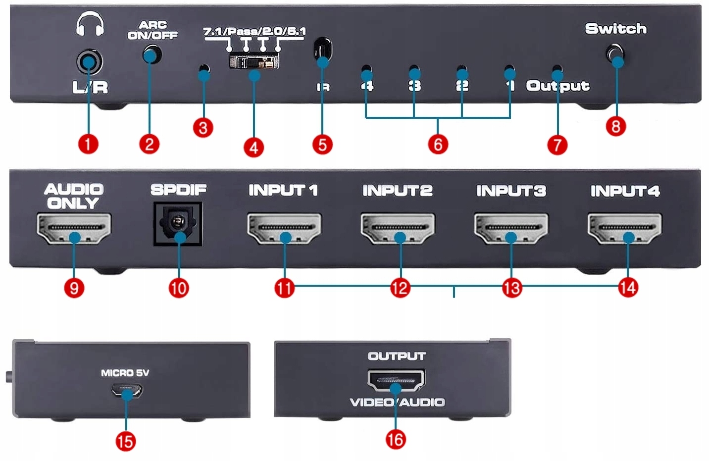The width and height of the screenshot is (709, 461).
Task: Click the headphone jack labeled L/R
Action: (x=90, y=62)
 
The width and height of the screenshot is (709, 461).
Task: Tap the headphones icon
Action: (x=90, y=24)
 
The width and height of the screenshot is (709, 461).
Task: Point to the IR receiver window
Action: (x=323, y=50)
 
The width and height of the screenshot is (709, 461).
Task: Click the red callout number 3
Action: (x=203, y=128)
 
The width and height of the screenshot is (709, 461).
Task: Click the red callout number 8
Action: (x=615, y=126)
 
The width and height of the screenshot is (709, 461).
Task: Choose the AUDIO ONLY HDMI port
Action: (x=74, y=228)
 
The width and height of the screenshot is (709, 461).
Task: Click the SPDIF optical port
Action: (x=178, y=224)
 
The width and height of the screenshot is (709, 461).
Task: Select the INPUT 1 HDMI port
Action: (x=284, y=228)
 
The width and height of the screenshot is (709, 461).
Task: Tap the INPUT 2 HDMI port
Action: (x=398, y=228)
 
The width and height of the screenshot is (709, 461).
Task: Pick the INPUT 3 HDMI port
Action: (x=511, y=228)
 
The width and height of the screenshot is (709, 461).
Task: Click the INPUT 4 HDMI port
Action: (x=625, y=228)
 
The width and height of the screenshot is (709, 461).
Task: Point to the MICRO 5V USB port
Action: (x=127, y=391)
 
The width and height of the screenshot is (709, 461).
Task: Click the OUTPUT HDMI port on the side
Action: (x=396, y=380)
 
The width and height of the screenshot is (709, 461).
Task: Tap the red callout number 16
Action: (x=396, y=439)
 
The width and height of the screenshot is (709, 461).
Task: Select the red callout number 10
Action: (x=178, y=288)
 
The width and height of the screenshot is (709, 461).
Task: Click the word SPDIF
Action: (x=178, y=190)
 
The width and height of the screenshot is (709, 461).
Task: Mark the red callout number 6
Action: (x=438, y=144)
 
